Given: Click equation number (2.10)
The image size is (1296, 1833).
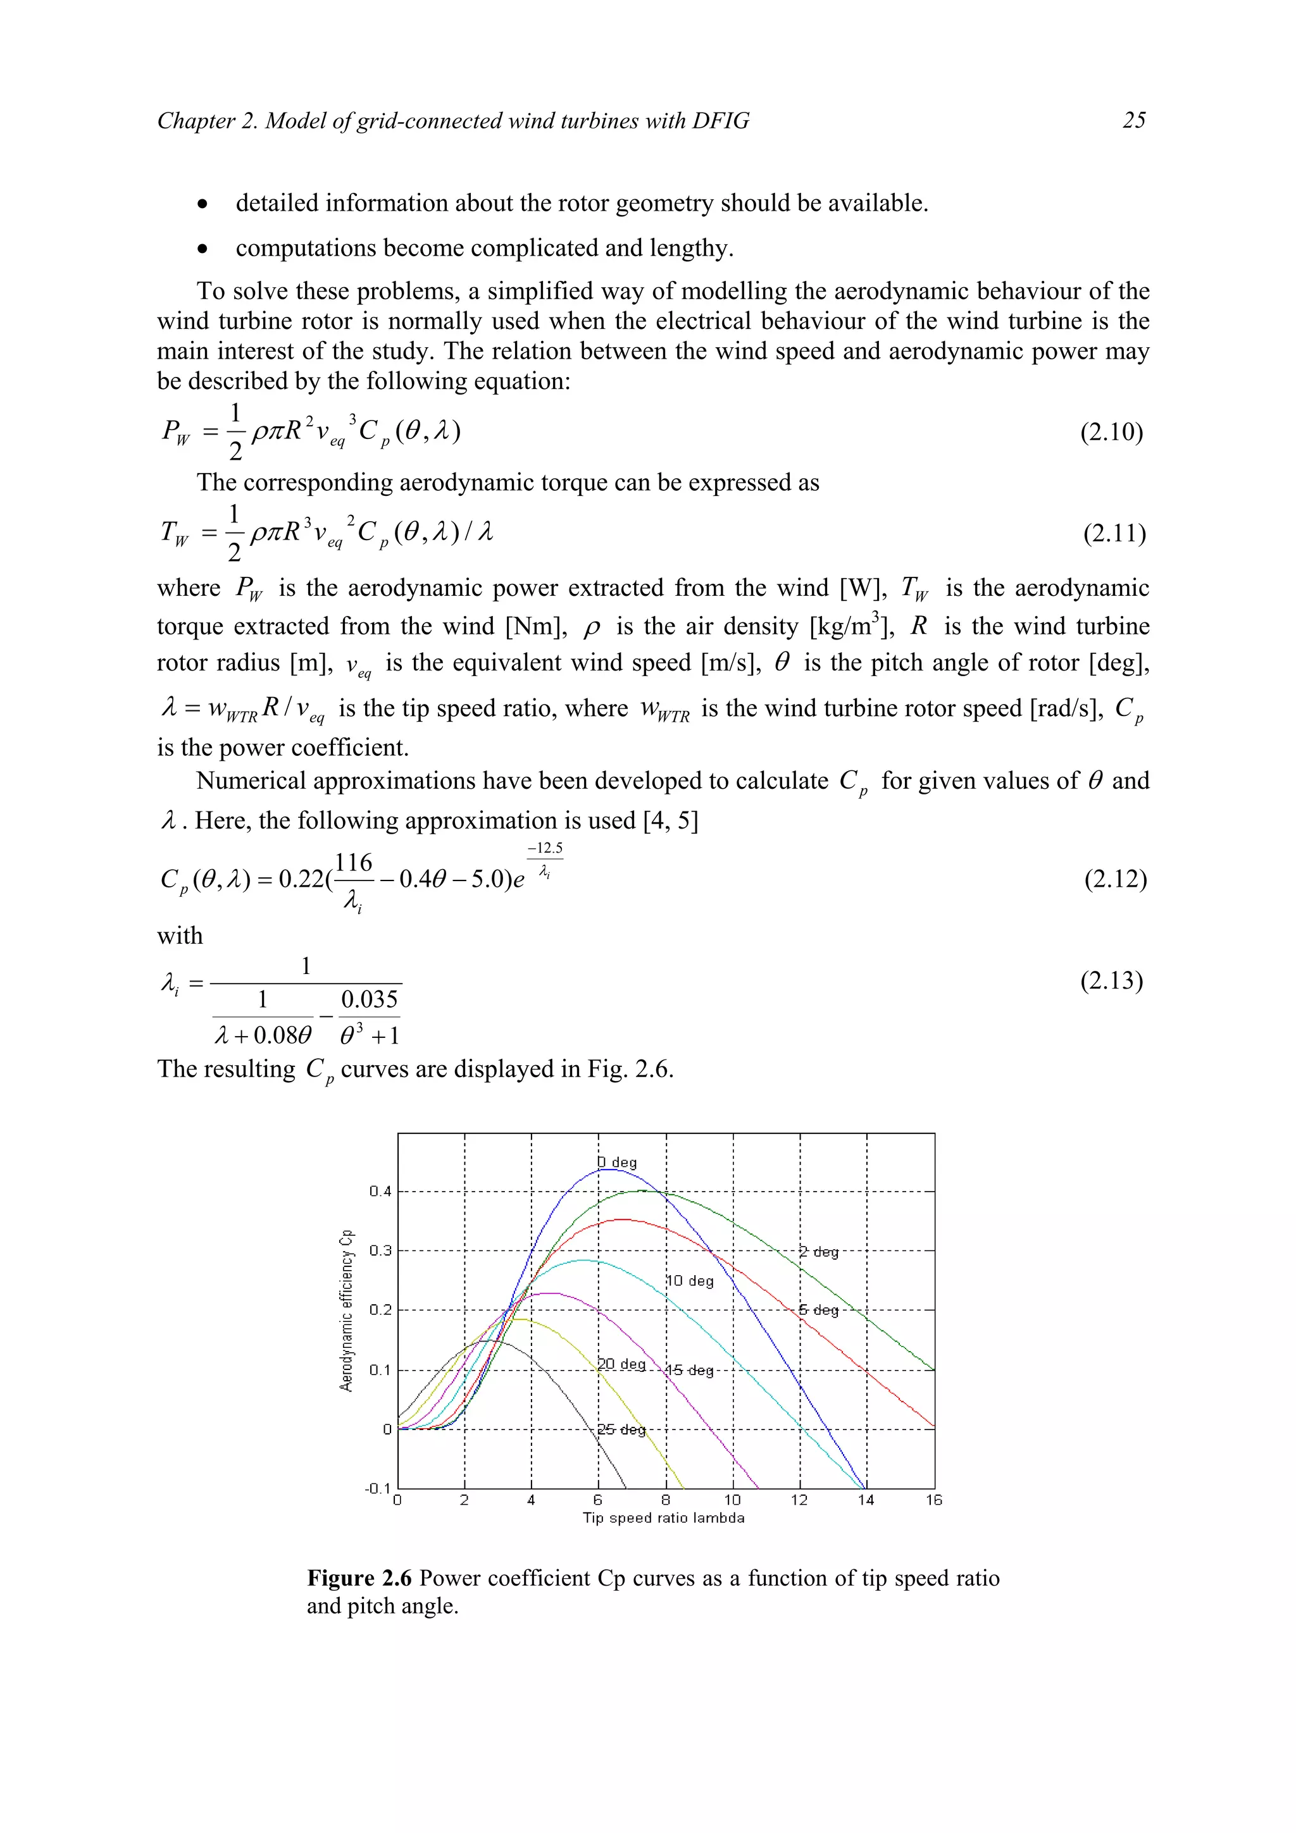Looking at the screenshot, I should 1112,432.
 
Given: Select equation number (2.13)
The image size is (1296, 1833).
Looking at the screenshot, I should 1112,980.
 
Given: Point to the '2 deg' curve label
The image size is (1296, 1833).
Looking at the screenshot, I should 819,1252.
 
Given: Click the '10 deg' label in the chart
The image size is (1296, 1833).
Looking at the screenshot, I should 690,1281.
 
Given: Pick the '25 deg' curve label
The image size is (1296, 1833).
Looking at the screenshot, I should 621,1429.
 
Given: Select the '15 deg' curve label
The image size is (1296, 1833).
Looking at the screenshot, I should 689,1370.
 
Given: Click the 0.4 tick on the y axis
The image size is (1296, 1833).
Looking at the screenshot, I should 380,1192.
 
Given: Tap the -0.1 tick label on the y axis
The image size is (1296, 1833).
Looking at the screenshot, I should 377,1489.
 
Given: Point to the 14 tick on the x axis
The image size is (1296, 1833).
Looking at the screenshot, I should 866,1500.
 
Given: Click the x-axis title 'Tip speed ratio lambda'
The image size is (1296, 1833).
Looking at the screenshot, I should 664,1517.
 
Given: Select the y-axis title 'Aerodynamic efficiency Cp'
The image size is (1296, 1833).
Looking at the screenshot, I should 347,1310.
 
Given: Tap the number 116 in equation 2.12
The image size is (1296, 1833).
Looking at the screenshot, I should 354,863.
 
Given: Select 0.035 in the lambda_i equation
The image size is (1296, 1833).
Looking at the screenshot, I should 369,999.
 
